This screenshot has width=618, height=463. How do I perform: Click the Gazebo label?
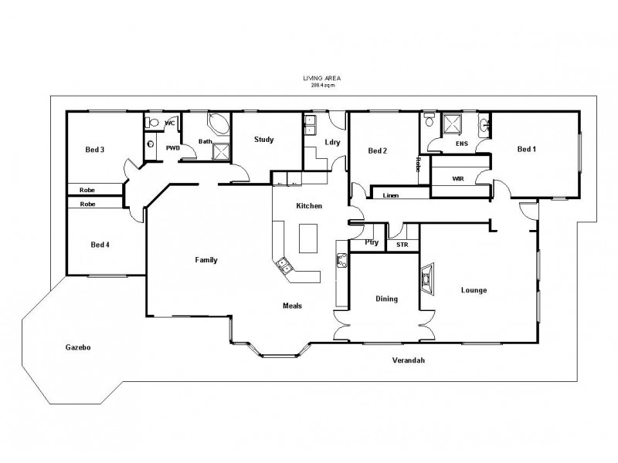click(x=79, y=348)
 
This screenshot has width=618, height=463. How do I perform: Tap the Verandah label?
click(x=409, y=360)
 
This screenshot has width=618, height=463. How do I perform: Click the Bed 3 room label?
click(x=96, y=150)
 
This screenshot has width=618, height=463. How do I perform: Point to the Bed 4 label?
click(x=100, y=245)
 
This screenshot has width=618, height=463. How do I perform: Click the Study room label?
click(x=264, y=140)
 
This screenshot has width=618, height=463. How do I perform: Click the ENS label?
click(x=462, y=143)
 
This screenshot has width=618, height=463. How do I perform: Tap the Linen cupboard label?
click(x=390, y=196)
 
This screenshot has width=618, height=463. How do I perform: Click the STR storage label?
click(x=402, y=245)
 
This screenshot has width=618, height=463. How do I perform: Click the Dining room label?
click(x=386, y=299)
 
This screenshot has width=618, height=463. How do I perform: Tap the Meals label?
click(x=292, y=305)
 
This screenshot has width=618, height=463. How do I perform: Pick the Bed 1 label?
click(x=526, y=149)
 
